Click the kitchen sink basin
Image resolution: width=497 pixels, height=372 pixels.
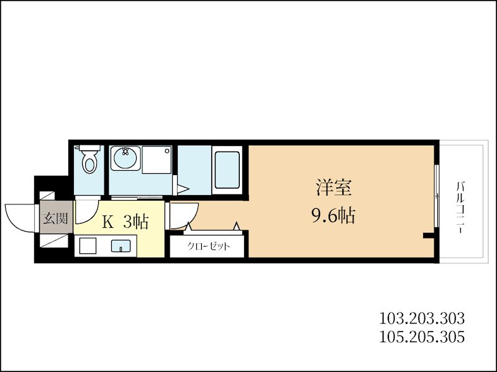point(121,246)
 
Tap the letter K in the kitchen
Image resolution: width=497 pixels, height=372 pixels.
point(107,222)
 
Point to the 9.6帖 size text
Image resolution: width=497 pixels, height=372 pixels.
point(332,215)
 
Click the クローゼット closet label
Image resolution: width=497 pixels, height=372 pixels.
point(209,246)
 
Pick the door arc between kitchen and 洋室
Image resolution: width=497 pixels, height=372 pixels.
point(181,214)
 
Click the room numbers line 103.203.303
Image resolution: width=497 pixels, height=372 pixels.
point(422,319)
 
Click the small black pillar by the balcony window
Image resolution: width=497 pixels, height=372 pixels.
point(427,235)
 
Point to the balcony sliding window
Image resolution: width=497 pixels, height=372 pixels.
point(437,196)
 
